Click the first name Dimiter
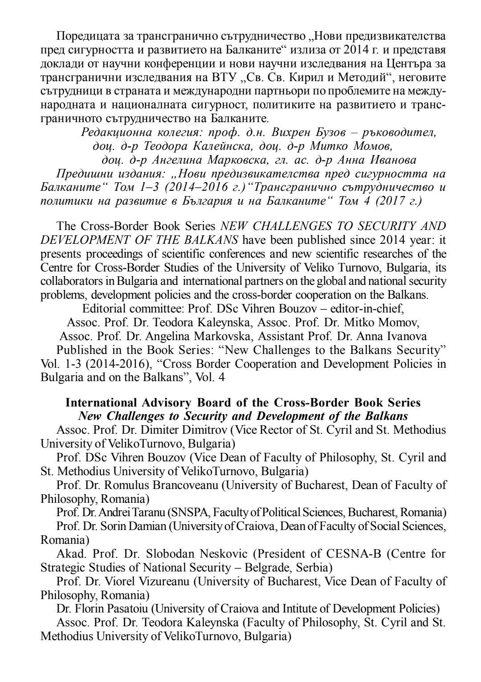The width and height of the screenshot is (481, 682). point(167,430)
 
